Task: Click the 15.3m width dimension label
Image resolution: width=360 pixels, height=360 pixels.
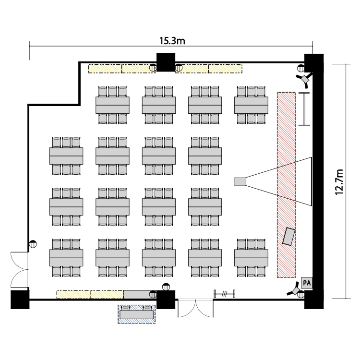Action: tap(172, 41)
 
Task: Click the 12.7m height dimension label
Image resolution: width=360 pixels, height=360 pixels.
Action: tap(340, 182)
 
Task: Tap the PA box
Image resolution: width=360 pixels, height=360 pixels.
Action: tap(306, 283)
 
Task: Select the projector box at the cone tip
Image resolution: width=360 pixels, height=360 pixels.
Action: tap(239, 181)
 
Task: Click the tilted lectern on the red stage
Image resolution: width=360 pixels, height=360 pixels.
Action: tap(289, 236)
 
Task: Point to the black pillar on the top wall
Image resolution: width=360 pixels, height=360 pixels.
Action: tap(166, 62)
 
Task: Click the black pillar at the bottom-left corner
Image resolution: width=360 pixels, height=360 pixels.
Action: tap(20, 299)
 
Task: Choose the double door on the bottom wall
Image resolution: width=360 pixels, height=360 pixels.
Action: tap(194, 308)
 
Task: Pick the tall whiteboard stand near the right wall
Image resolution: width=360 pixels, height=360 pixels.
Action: tap(304, 109)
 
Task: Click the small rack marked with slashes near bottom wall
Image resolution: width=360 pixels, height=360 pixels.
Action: tap(224, 293)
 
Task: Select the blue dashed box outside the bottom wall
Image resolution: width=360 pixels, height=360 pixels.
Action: tap(137, 314)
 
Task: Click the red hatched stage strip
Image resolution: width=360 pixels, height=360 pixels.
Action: tap(286, 184)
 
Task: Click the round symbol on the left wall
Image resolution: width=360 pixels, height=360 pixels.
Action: tap(33, 243)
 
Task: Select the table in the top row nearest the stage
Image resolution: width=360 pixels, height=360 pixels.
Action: tap(251, 104)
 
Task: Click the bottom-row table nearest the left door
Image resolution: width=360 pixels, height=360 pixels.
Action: tap(66, 258)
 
